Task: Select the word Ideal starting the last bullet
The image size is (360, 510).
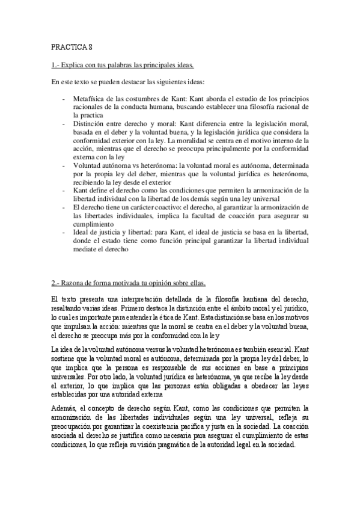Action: click(80, 231)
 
